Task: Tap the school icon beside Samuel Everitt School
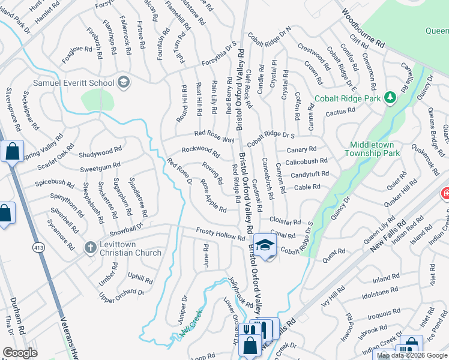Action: coord(124,82)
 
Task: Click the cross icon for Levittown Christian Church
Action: coord(90,247)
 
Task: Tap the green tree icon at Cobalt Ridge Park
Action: coord(390,97)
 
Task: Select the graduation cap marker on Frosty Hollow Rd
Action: coord(264,246)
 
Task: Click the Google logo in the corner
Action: coord(20,353)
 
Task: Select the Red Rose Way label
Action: coord(214,136)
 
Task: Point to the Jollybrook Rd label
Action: coord(240,291)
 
